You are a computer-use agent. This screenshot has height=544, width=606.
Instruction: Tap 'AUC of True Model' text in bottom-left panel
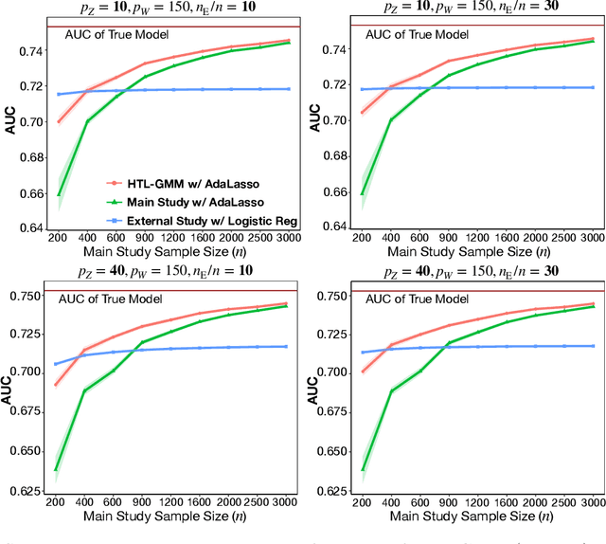click(x=116, y=299)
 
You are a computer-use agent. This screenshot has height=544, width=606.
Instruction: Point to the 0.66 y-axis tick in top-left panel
click(x=35, y=193)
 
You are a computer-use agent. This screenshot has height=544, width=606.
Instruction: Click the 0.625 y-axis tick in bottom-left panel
click(x=32, y=491)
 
